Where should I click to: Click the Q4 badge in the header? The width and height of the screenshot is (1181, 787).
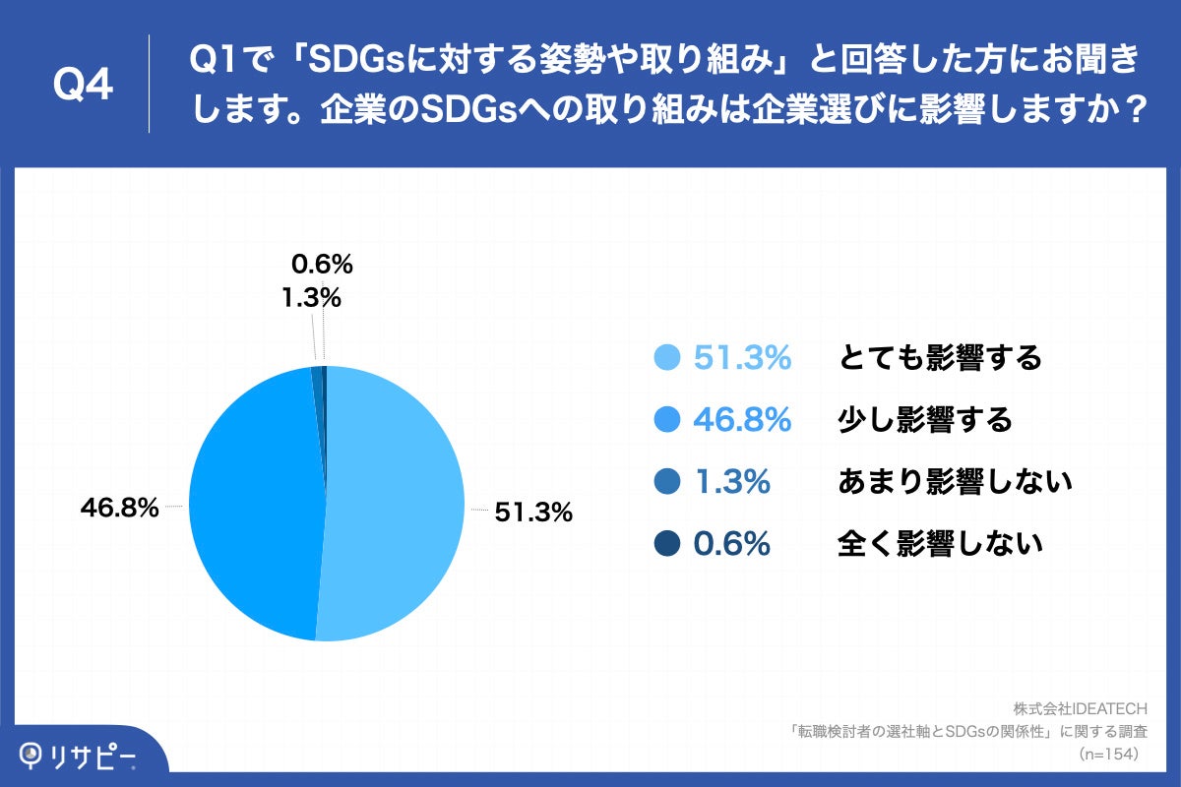(83, 85)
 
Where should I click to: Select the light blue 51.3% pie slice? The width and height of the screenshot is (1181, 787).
(394, 512)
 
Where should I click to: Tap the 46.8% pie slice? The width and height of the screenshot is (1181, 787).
(256, 502)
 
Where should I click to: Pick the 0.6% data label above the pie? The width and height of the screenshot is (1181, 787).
(322, 264)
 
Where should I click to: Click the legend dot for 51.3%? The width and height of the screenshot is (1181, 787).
(667, 359)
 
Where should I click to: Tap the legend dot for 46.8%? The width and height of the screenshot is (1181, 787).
(667, 421)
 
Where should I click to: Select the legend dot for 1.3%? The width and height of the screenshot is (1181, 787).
(667, 482)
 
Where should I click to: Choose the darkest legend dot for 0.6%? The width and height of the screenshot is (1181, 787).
(667, 544)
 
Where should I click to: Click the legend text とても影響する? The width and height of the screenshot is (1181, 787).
(939, 359)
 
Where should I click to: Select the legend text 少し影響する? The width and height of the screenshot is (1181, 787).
(924, 421)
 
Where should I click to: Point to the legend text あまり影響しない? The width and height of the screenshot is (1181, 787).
(954, 482)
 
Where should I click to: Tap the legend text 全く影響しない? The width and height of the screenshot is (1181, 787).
(939, 544)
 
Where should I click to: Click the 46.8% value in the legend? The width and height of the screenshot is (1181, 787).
(742, 421)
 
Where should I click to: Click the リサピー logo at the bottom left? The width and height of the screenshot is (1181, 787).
(79, 756)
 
